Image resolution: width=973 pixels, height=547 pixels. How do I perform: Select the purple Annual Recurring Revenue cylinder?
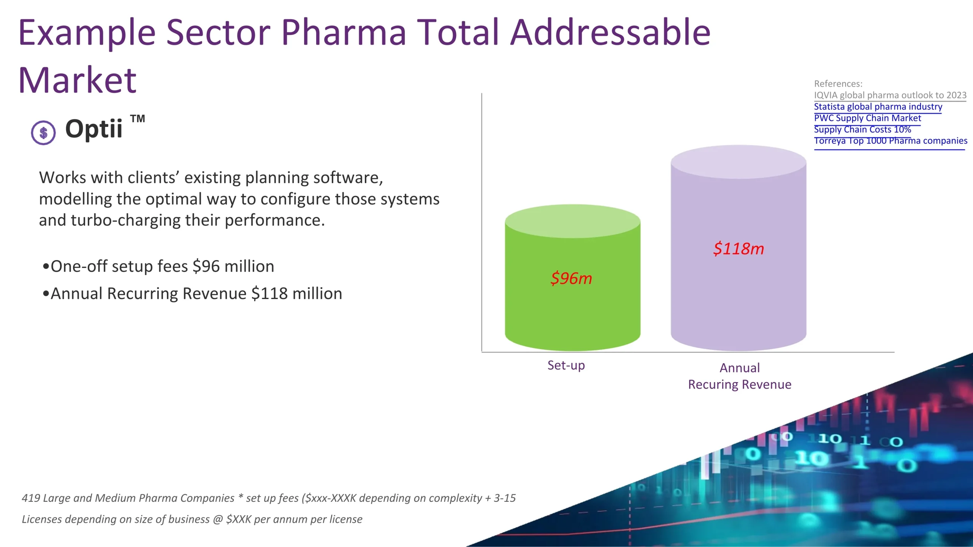pos(738,296)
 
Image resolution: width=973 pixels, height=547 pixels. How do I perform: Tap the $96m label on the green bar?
pos(571,278)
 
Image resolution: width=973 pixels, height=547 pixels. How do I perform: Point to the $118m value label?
pos(738,249)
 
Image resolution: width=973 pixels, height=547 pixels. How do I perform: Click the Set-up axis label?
pos(566,365)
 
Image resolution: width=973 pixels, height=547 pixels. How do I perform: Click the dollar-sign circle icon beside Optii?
pos(43,133)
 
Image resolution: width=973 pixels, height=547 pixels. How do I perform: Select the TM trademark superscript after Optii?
pos(138,119)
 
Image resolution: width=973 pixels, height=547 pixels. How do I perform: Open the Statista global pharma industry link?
pos(878,107)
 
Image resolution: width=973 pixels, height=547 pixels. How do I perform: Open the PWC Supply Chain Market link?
pos(867,118)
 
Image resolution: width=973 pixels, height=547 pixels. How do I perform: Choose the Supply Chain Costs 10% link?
pos(862,130)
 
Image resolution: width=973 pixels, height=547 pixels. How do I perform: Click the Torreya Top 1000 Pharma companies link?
pos(890,141)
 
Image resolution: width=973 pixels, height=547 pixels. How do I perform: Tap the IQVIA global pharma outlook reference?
pos(890,95)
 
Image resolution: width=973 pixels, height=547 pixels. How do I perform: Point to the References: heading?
pos(838,84)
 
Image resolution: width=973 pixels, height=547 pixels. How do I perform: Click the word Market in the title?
pos(78,80)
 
